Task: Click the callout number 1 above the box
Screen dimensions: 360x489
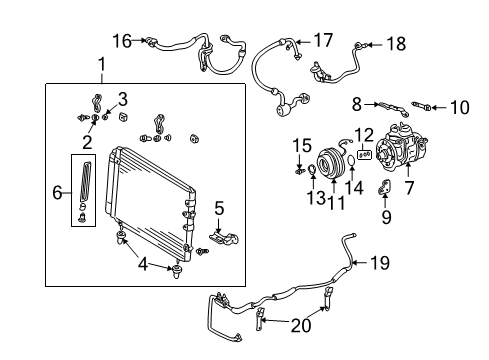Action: tap(100, 66)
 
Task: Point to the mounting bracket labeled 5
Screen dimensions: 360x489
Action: tap(222, 241)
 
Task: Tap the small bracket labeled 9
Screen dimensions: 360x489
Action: tap(384, 188)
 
